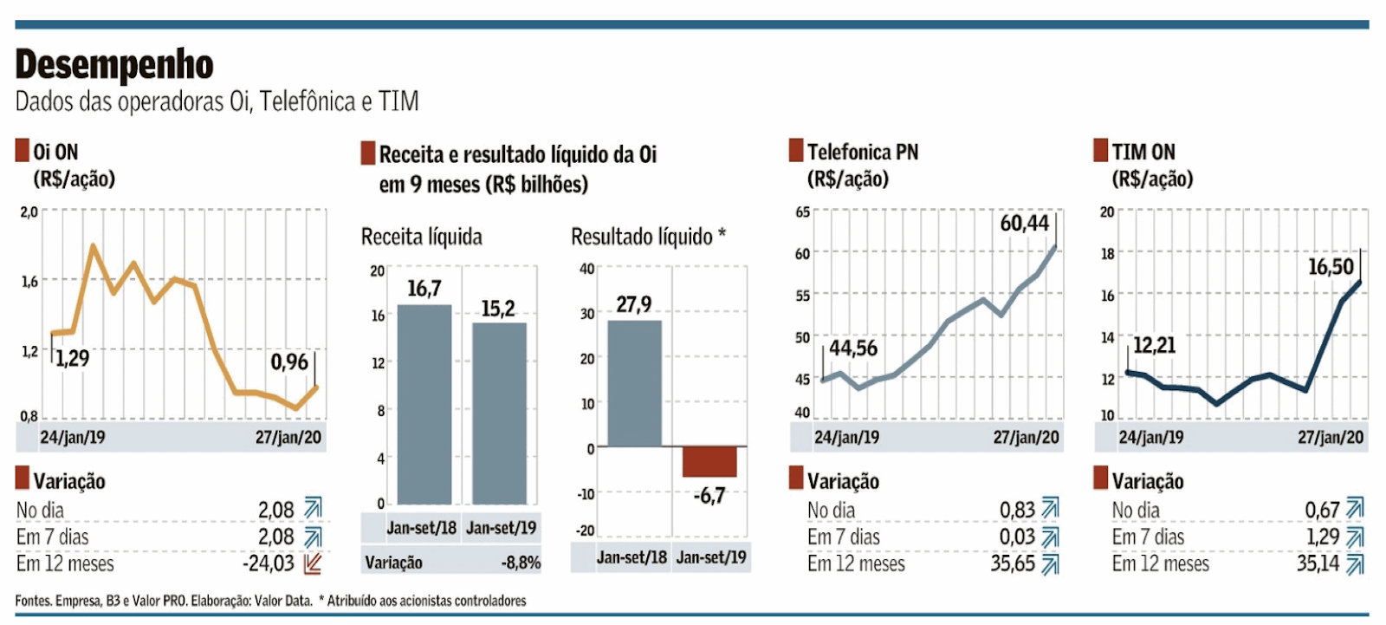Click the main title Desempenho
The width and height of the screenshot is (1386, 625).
click(114, 64)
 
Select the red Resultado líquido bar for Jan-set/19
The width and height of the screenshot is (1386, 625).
click(709, 461)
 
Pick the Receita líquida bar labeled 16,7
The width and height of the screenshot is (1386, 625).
click(424, 404)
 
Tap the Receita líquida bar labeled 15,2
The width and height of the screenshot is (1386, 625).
click(499, 413)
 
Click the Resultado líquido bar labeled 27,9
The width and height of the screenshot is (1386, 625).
click(635, 383)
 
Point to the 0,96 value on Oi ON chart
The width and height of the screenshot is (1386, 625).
click(289, 361)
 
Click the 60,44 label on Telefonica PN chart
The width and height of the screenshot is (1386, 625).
click(1024, 224)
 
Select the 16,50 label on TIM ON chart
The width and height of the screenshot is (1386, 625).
click(1331, 267)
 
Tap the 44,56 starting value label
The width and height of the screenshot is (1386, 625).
click(853, 348)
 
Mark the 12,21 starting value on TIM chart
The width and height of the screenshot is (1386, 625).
click(1155, 346)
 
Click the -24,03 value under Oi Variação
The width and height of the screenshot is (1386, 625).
click(269, 564)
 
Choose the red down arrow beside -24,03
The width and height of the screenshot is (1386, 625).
click(314, 564)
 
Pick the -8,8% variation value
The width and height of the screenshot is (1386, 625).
click(521, 563)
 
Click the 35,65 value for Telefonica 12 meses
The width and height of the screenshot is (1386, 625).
click(1013, 564)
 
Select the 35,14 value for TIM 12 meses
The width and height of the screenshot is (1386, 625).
click(1318, 564)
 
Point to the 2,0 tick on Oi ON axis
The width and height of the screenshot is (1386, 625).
click(29, 212)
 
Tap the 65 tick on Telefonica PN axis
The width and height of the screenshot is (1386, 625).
click(803, 212)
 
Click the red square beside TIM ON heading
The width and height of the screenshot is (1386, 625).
click(1101, 151)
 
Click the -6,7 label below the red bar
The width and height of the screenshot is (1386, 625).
click(709, 496)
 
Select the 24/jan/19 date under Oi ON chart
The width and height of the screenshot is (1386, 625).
click(73, 438)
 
